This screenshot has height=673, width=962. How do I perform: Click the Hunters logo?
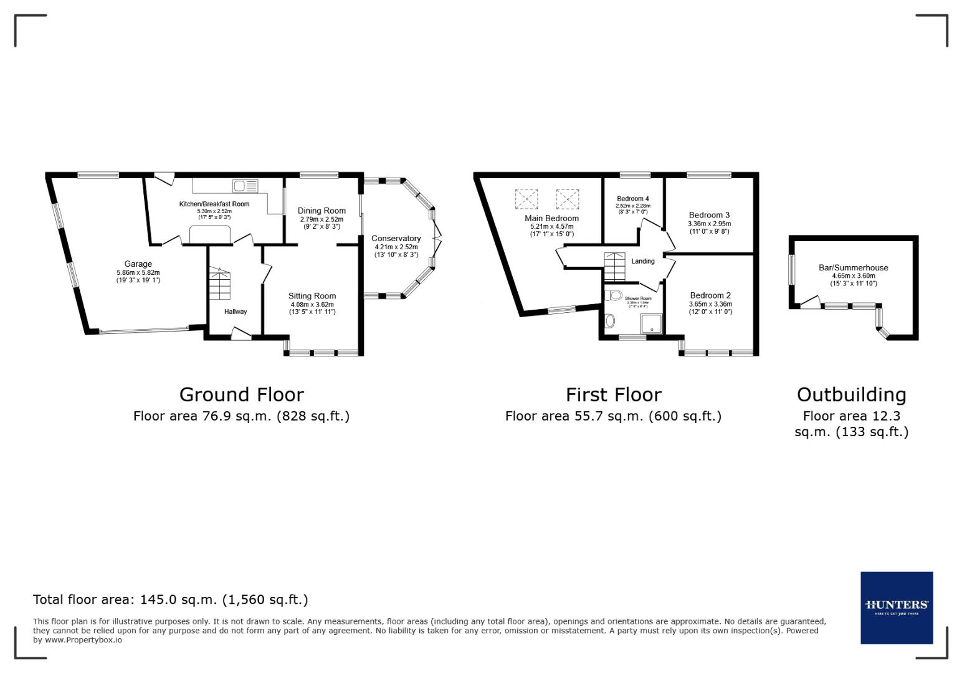896,608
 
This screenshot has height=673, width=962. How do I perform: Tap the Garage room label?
138,264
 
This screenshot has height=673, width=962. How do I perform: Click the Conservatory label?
396,239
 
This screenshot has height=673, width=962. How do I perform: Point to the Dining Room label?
321,211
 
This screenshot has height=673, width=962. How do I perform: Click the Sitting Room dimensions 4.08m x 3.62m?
312,305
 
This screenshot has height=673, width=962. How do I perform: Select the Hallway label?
236,312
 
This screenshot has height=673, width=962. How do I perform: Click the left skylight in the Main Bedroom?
526,199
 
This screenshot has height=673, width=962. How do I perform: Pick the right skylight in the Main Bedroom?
567,199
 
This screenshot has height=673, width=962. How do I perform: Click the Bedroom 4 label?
633,199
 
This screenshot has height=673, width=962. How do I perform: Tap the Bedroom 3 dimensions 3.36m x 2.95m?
709,224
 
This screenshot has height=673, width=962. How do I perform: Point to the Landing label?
643,261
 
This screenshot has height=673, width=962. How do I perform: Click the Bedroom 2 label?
710,295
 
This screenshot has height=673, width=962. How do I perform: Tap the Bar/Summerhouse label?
853,268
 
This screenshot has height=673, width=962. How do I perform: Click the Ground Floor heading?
241,394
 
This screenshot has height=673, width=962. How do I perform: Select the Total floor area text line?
170,599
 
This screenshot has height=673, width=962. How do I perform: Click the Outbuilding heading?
851,394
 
